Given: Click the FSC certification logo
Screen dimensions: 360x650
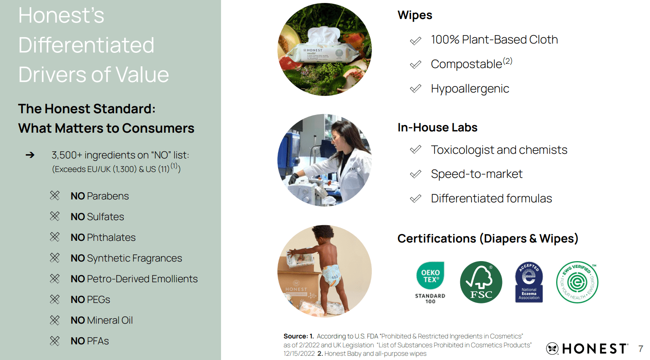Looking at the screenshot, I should click(x=481, y=282).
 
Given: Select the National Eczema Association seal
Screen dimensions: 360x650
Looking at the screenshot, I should click(x=529, y=282).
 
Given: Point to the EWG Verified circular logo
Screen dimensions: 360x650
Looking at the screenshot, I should click(x=577, y=282).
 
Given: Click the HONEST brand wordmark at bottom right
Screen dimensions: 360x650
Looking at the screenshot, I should click(x=594, y=349).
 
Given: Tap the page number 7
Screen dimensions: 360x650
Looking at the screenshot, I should click(x=641, y=349).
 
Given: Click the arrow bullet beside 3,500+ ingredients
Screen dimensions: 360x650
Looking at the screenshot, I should click(x=30, y=155).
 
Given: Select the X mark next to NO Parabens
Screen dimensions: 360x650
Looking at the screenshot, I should click(x=55, y=196).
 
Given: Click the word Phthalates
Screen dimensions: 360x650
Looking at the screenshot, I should click(x=111, y=237).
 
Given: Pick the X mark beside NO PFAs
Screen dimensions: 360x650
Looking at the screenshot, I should click(x=55, y=341).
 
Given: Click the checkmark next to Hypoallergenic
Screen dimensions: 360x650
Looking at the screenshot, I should click(x=415, y=89).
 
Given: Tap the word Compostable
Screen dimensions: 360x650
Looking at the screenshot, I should click(x=466, y=64).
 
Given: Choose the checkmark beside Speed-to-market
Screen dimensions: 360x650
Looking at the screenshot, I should click(x=415, y=174).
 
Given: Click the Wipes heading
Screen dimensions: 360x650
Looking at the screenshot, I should click(x=415, y=15).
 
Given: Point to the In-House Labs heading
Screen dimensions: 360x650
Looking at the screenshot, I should click(x=437, y=128).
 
